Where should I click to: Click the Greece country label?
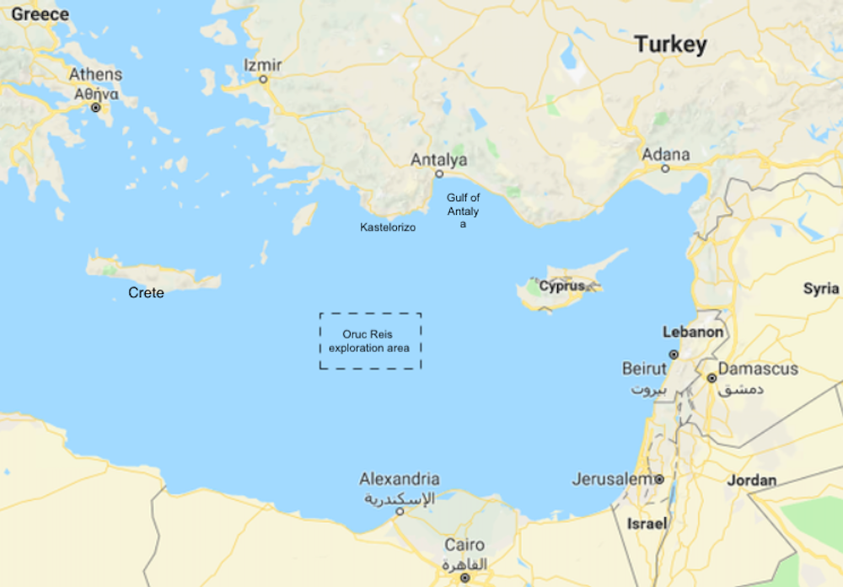point(40,14)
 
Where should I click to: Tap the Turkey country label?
point(670,45)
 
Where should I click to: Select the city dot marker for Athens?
point(95,108)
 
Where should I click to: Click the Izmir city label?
point(262,65)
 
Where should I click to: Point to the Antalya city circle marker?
point(438,174)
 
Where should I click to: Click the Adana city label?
point(665,154)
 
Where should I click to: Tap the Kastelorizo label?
point(388,227)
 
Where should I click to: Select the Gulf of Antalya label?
point(463,211)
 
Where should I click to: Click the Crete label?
point(146,293)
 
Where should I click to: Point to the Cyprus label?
point(561,286)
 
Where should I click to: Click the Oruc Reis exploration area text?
point(369,341)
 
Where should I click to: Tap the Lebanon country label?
point(693,332)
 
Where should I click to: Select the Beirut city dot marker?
point(674,355)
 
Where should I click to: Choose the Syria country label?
point(820,289)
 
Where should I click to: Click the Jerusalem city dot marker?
point(659,479)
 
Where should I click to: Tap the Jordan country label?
point(752,481)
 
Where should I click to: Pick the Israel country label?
point(647,524)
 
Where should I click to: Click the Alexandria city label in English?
point(400,478)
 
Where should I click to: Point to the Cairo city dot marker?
point(464,578)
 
